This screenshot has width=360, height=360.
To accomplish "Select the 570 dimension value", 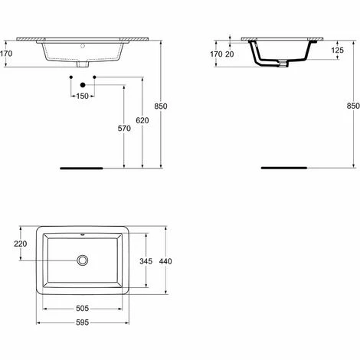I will (125, 128).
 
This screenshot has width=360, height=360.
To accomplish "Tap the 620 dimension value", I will (142, 119).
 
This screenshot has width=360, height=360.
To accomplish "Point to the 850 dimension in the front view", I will (159, 106).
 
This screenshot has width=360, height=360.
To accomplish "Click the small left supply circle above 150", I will (70, 78).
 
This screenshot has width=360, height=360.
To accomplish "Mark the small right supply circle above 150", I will (93, 78).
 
